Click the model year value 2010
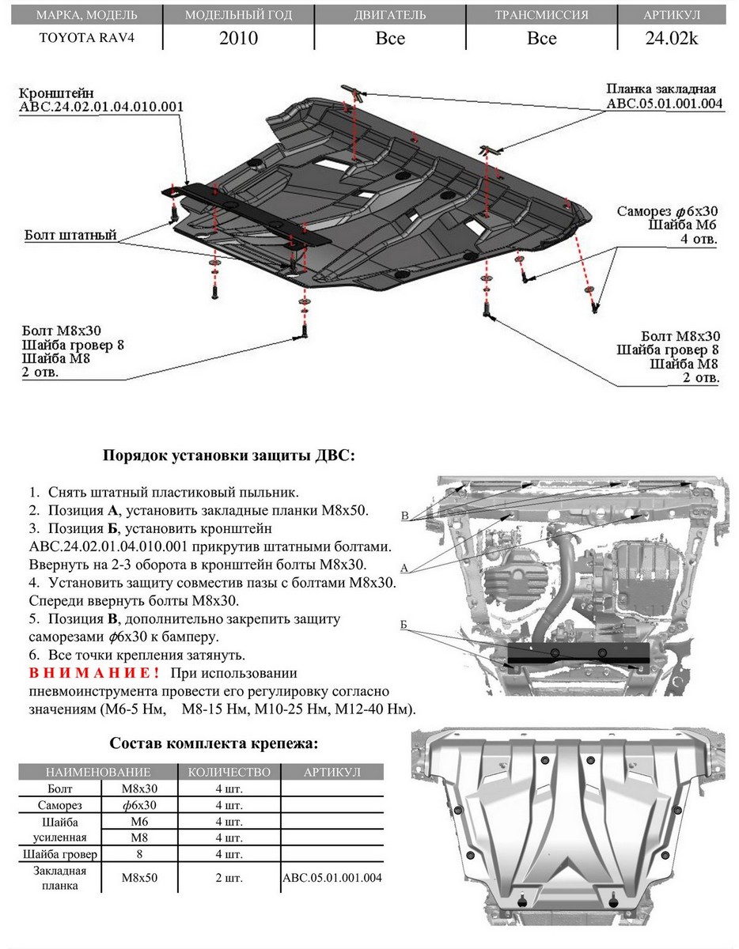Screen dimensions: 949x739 pos(238,38)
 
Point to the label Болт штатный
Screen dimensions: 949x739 pos(70,235)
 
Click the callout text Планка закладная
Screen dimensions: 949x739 pos(661,89)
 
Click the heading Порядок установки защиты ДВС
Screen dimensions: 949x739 pos(229,456)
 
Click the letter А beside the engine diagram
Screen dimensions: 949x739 pos(404,568)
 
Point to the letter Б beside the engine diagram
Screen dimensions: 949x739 pos(404,626)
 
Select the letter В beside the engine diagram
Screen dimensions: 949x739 pos(404,516)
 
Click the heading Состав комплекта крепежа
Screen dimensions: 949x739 pos(214,743)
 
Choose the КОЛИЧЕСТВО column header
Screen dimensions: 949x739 pos(229,772)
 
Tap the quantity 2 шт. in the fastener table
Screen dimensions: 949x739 pos(229,878)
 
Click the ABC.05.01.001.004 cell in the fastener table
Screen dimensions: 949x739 pos(332,878)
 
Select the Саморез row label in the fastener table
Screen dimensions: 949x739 pos(59,805)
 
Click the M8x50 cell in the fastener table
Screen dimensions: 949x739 pos(140,878)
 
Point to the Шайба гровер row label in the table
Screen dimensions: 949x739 pos(59,854)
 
